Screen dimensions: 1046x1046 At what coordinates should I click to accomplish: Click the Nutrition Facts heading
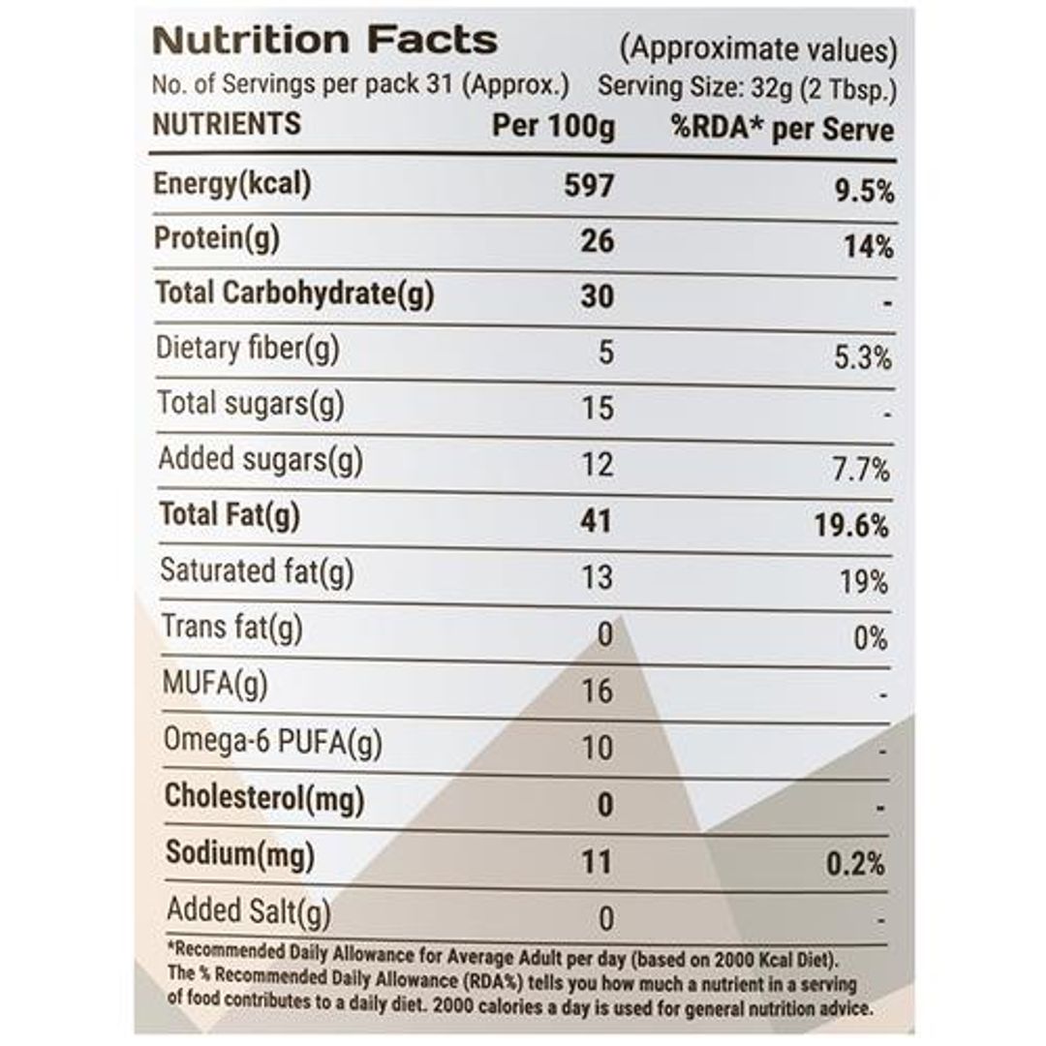click(x=325, y=41)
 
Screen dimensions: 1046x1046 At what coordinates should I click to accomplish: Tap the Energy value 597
click(x=589, y=184)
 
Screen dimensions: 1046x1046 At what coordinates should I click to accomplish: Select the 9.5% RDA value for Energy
click(x=864, y=191)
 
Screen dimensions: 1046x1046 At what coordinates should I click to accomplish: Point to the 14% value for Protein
click(x=869, y=247)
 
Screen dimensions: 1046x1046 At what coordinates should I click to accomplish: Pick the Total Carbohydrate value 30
click(x=598, y=295)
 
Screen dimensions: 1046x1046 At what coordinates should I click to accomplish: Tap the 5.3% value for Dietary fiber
click(x=863, y=358)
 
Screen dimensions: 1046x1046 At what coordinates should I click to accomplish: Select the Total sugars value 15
click(x=599, y=408)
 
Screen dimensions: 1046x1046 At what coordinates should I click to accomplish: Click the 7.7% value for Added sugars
click(x=863, y=471)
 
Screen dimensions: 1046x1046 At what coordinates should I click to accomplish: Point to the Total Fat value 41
click(x=597, y=521)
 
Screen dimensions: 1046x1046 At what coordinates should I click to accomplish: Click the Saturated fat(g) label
click(x=257, y=570)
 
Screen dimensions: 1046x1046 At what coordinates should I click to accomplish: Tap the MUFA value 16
click(x=598, y=691)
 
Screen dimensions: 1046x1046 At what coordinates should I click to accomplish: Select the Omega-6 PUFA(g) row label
click(x=272, y=742)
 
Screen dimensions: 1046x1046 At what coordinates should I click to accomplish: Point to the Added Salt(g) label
click(x=249, y=911)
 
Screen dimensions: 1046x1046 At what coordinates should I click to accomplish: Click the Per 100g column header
click(x=553, y=127)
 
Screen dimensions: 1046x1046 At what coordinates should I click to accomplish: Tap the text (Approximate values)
click(x=758, y=48)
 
